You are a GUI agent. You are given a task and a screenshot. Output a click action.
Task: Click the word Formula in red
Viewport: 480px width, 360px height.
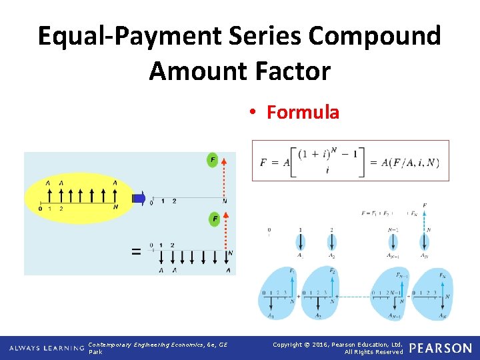(303, 112)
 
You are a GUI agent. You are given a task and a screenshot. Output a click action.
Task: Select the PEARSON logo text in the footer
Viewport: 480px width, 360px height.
(440, 348)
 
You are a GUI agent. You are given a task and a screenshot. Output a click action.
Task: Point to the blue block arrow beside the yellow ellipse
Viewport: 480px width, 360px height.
(139, 197)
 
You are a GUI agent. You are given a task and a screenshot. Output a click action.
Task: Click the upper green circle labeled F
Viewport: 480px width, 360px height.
(213, 160)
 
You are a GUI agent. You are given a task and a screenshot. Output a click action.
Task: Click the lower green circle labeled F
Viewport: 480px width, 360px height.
(215, 219)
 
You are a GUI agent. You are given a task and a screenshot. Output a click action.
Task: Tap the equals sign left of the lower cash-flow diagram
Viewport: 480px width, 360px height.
(137, 251)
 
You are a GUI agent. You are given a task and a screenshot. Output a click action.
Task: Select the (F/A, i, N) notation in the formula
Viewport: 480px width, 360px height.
(413, 162)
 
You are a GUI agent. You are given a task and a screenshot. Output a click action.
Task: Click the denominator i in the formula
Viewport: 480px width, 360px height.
(327, 171)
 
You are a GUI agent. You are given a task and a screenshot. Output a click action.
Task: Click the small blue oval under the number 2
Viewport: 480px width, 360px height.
(331, 241)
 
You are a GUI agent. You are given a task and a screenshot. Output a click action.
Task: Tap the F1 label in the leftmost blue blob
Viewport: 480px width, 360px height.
(292, 271)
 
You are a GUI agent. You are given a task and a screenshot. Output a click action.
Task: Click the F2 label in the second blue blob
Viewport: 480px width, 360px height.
(332, 271)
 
